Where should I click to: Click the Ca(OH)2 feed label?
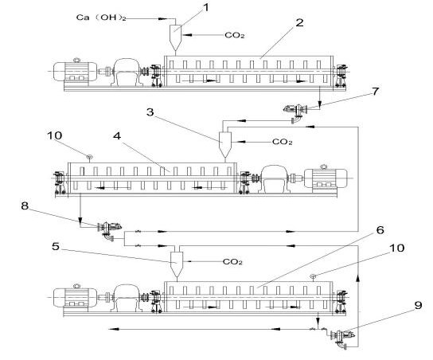101,18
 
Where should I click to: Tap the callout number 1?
206,7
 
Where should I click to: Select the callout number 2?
299,22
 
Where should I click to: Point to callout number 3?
150,112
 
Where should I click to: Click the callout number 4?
117,135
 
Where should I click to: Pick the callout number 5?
56,246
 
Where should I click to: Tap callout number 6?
380,230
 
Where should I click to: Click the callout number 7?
375,91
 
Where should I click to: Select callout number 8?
25,205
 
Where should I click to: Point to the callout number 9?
419,305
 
